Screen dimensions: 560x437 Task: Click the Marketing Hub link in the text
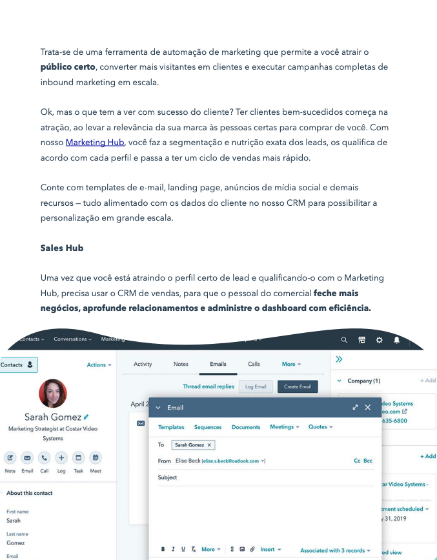click(95, 143)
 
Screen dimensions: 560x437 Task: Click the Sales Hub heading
click(62, 248)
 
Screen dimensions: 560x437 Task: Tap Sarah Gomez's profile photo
click(53, 394)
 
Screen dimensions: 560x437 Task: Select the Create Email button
click(298, 386)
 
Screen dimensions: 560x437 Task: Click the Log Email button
click(256, 386)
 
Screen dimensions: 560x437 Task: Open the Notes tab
click(181, 365)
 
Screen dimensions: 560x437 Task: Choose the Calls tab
click(254, 365)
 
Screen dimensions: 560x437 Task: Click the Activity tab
click(143, 365)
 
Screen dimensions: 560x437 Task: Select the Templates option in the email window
click(171, 427)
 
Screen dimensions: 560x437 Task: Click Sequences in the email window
click(208, 427)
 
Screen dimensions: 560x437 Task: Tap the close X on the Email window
click(368, 407)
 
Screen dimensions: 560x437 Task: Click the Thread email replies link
click(208, 386)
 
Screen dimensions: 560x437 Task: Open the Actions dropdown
click(99, 365)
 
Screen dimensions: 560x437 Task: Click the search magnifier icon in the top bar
click(344, 340)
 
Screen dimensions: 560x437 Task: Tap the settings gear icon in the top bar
click(379, 340)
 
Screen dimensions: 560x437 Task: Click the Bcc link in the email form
click(368, 461)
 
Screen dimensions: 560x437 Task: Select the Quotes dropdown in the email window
click(320, 427)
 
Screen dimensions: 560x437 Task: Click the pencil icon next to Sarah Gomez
click(86, 417)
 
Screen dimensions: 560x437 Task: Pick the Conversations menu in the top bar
click(72, 339)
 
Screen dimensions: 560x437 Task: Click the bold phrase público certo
click(68, 67)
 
